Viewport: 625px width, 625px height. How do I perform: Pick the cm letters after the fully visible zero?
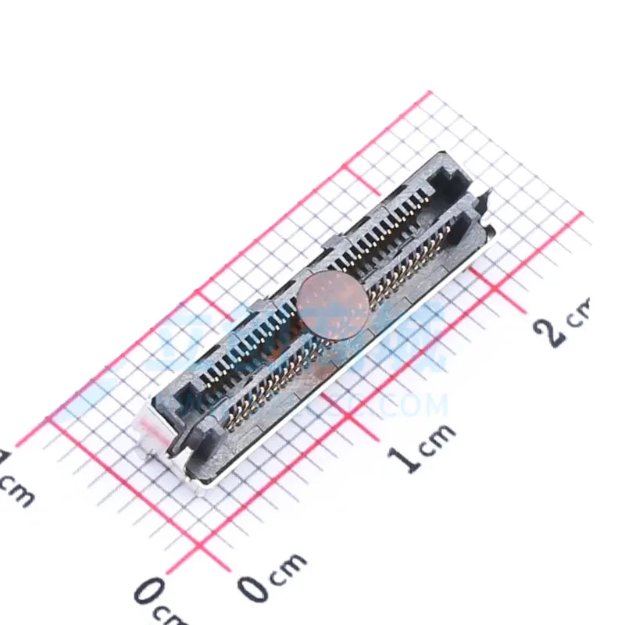289,569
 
